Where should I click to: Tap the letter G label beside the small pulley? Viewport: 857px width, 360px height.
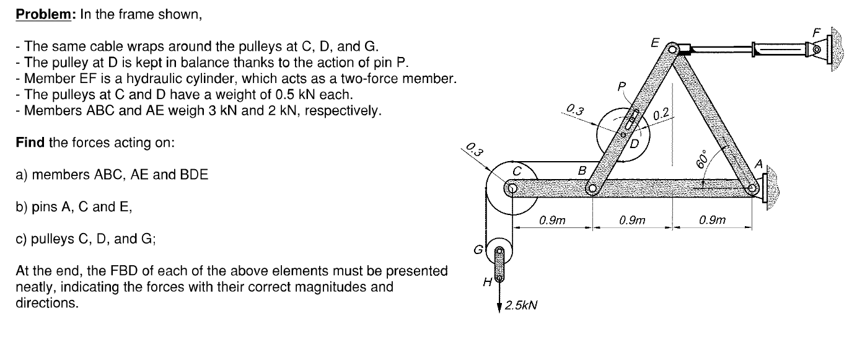click(477, 250)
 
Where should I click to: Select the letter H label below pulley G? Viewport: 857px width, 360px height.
click(487, 282)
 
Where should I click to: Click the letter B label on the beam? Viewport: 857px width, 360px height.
click(581, 169)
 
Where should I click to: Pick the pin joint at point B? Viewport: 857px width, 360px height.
click(592, 189)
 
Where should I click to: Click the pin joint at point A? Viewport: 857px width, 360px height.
click(752, 189)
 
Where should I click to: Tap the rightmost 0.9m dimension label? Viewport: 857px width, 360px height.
click(712, 219)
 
